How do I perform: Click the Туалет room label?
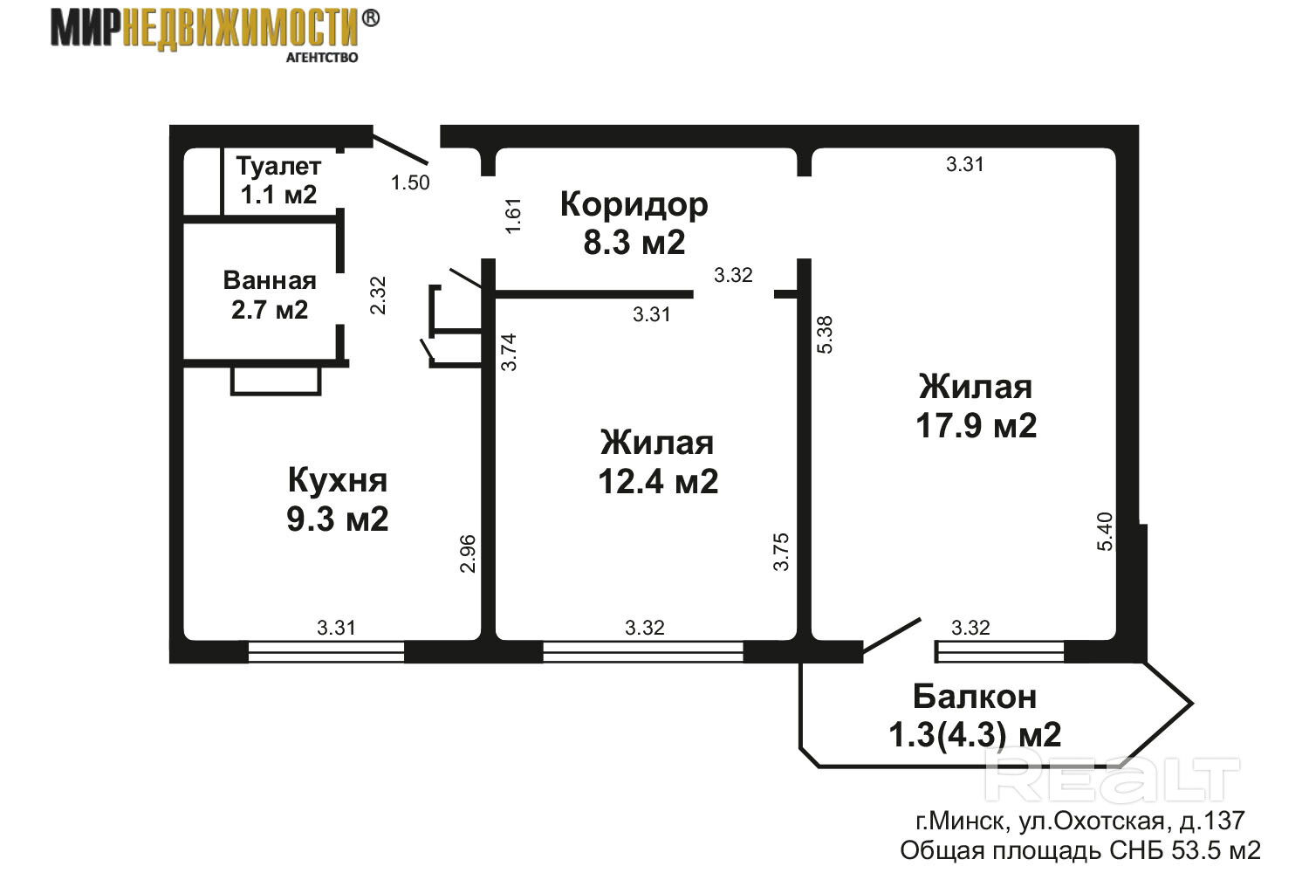click(278, 167)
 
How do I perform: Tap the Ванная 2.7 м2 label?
click(270, 295)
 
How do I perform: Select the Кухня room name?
click(338, 480)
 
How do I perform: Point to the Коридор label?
click(634, 204)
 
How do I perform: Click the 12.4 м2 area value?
click(658, 482)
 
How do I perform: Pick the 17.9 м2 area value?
click(976, 426)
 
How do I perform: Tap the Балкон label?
click(975, 697)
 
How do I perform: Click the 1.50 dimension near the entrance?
click(410, 183)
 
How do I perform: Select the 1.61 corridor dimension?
click(512, 217)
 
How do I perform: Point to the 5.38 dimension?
click(825, 334)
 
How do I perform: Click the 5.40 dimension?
click(1105, 532)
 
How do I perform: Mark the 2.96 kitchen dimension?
click(468, 553)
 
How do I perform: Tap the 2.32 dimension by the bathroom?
click(379, 295)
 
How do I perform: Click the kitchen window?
click(326, 652)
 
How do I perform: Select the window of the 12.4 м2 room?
click(643, 652)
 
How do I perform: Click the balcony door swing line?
click(892, 636)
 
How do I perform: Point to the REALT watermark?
click(1112, 780)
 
